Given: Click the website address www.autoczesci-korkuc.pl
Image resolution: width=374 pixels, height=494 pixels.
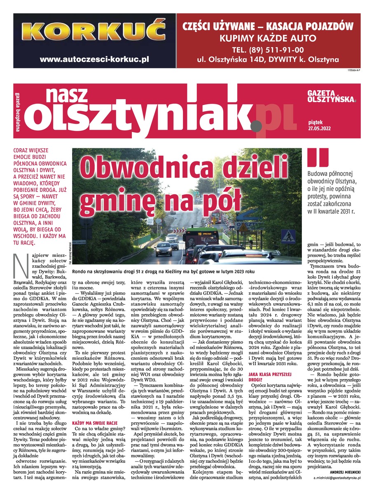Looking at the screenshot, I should click(x=94, y=59).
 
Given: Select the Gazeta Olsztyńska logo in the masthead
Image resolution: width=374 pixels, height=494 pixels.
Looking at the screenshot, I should click(x=332, y=96).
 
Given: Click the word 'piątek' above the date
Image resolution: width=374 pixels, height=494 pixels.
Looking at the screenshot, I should click(x=315, y=122).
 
